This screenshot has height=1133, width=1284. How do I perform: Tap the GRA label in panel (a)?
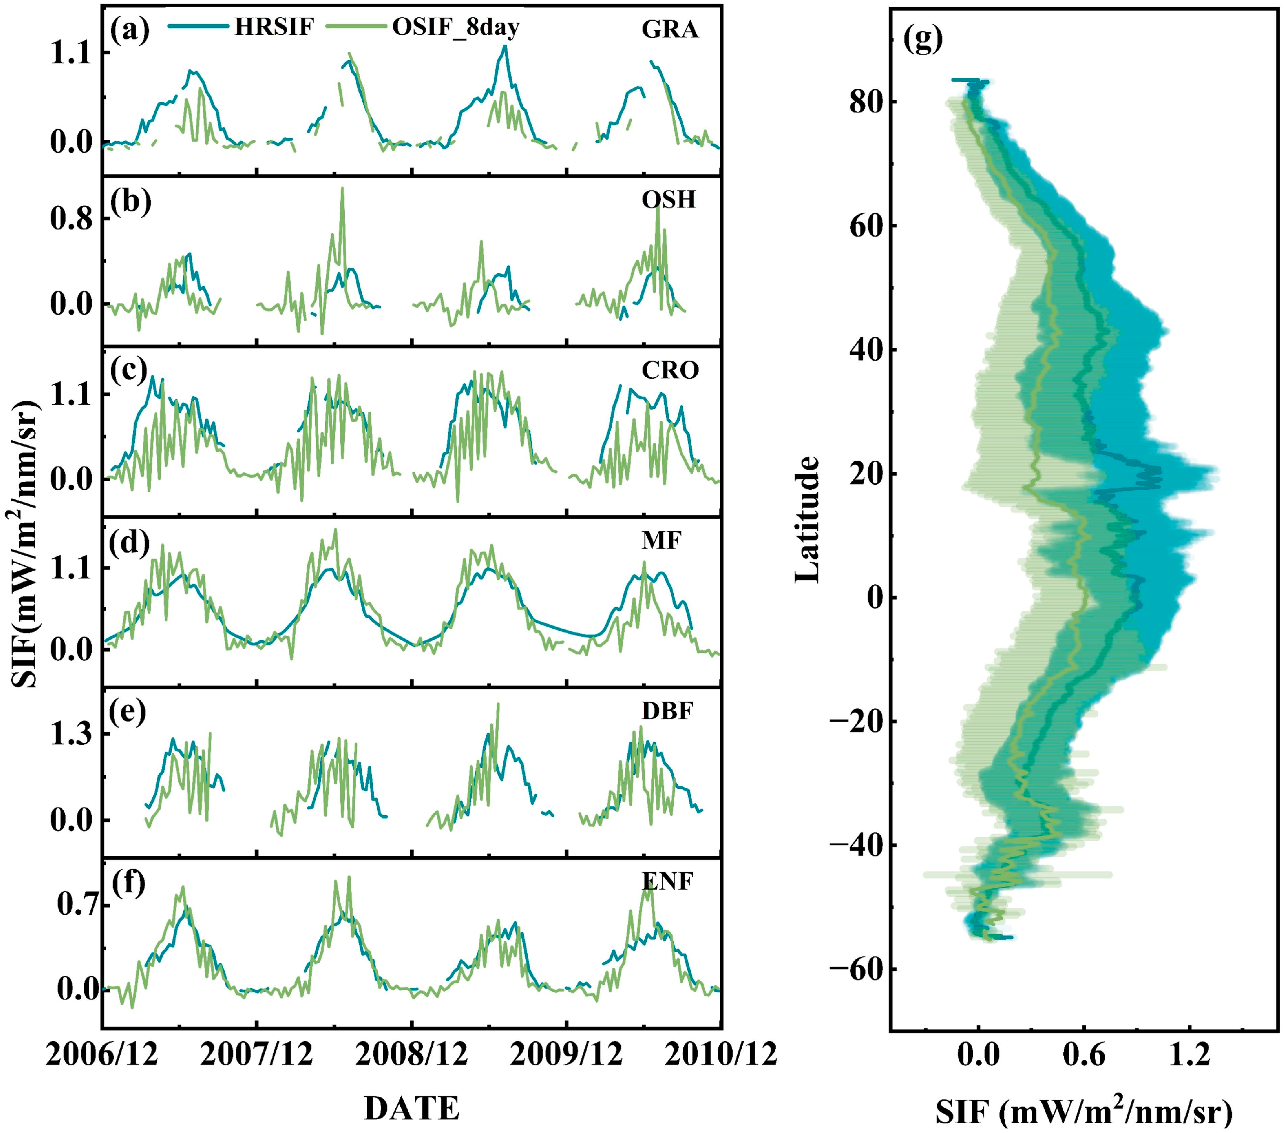tap(670, 29)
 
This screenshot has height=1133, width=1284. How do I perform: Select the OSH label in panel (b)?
tap(668, 200)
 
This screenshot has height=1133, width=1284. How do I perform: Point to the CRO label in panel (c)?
tap(670, 370)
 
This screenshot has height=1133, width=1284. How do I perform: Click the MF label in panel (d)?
tap(661, 540)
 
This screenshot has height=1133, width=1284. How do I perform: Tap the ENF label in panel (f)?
tap(667, 881)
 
